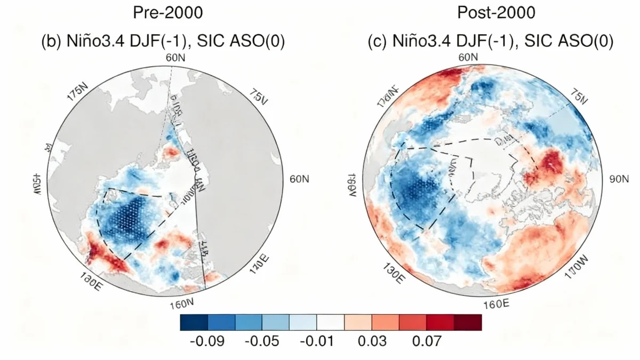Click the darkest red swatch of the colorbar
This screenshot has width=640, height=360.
click(x=468, y=323)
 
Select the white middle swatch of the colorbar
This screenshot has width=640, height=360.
click(x=331, y=323)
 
